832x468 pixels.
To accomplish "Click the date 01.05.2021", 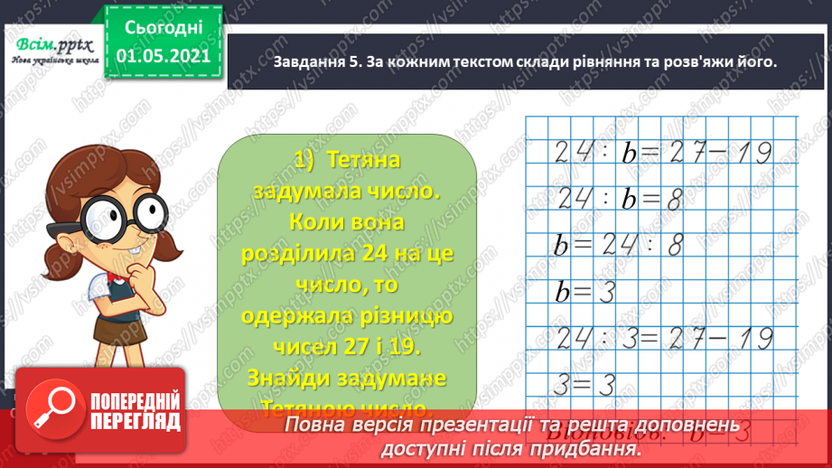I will [x=164, y=55].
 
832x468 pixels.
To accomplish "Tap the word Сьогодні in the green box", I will [x=164, y=26].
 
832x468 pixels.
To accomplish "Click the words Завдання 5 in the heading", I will [x=316, y=62].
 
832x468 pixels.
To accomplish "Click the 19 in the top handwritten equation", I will [x=752, y=153].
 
